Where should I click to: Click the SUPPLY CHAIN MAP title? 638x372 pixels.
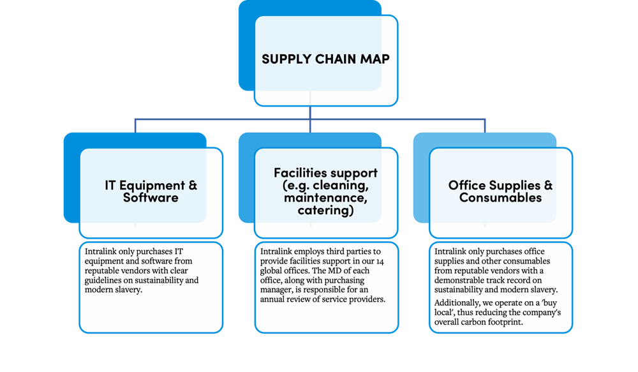(x=326, y=59)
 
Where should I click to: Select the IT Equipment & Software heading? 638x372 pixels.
(x=151, y=191)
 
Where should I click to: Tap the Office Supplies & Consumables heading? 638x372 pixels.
(x=500, y=191)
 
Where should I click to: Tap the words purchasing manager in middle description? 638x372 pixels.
(x=338, y=280)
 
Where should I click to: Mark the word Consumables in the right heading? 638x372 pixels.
(x=500, y=198)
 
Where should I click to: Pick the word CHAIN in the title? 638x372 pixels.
(x=334, y=59)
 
